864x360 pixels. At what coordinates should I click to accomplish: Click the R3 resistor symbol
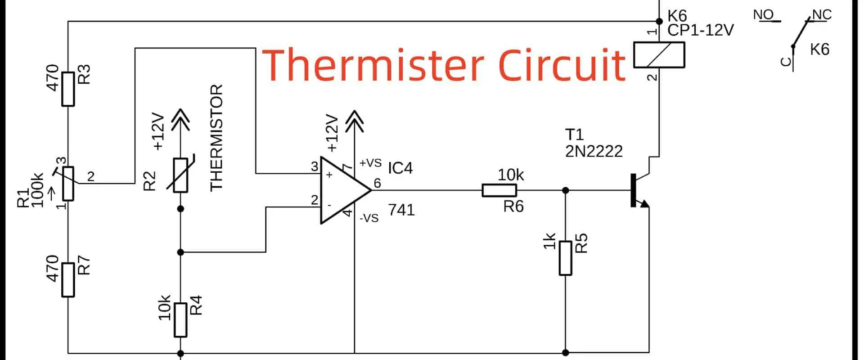(x=68, y=89)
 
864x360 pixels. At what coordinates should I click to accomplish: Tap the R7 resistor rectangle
(x=68, y=279)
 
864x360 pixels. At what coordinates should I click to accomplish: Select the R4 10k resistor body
(x=180, y=319)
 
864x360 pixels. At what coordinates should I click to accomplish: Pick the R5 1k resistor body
(x=566, y=258)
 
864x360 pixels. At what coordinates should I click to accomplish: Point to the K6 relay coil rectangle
(x=659, y=55)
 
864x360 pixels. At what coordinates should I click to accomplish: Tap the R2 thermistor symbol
(x=180, y=175)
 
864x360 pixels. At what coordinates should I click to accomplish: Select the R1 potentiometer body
(x=68, y=183)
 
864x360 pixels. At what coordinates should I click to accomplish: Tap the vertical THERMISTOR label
(x=216, y=137)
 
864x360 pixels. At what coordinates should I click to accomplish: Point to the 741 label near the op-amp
(x=401, y=210)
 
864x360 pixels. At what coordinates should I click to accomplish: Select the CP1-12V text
(x=700, y=30)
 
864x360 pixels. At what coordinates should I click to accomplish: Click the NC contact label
(x=822, y=15)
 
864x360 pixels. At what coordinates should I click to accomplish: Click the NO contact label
(x=763, y=15)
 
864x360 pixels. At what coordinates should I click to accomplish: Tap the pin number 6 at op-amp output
(x=377, y=183)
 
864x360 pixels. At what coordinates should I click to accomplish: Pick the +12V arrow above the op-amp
(x=355, y=121)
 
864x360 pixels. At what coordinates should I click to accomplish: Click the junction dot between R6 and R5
(x=566, y=190)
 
